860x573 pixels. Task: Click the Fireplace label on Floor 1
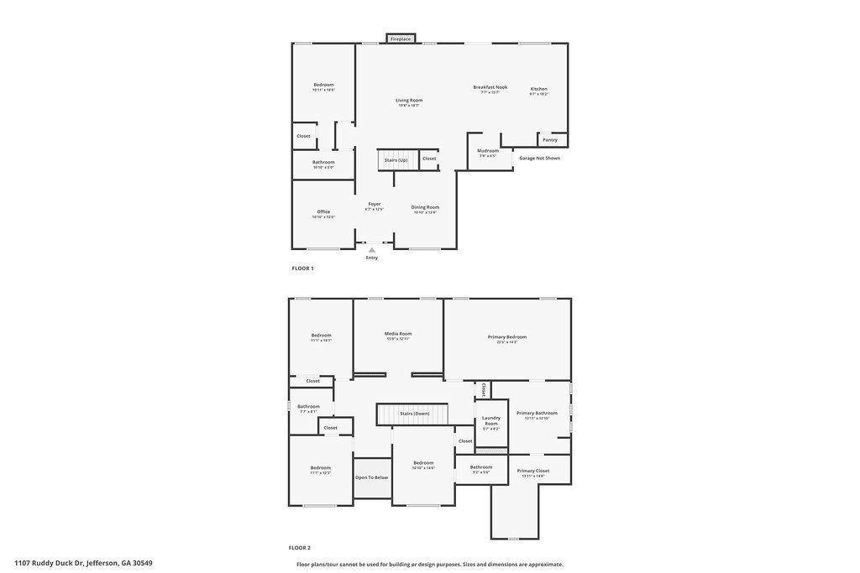pos(401,39)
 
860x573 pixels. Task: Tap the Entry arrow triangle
pos(372,250)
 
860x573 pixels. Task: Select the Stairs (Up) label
pos(396,159)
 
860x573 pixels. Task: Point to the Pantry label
pos(550,139)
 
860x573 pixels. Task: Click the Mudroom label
pos(488,151)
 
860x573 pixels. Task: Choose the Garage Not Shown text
pos(539,158)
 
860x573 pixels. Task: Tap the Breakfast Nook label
pos(490,87)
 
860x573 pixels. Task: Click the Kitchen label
pos(539,89)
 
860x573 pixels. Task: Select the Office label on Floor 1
pos(323,211)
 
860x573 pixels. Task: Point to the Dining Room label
pos(425,207)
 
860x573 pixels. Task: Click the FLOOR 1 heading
pos(302,268)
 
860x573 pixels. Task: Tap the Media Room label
pos(398,334)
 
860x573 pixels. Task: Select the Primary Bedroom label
pos(507,336)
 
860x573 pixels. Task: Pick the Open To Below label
pos(372,477)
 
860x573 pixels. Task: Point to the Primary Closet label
pos(533,471)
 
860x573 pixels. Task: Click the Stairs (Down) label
pos(415,414)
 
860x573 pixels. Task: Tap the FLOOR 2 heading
pos(300,548)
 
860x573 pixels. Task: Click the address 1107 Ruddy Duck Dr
pos(83,563)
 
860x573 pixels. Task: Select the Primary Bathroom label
pos(537,413)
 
